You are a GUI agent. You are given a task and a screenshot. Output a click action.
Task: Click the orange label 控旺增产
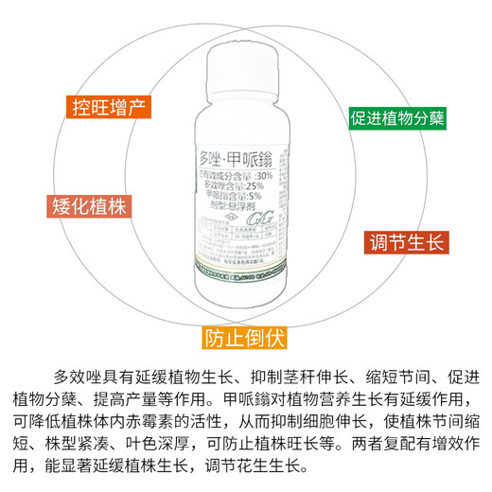click(105, 106)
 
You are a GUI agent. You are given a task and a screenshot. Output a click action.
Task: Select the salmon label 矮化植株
click(87, 206)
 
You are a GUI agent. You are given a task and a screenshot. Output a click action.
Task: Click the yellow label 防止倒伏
click(245, 337)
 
